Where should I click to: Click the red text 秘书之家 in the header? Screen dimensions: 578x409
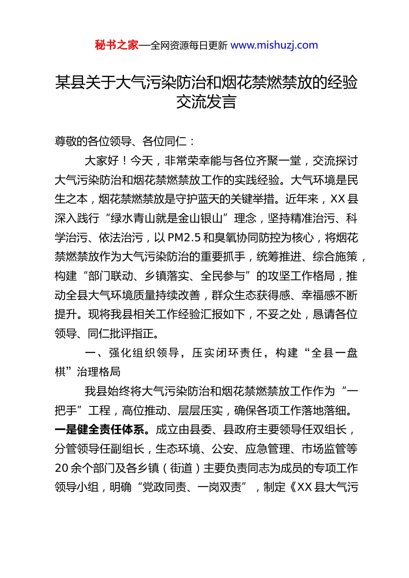click(x=117, y=45)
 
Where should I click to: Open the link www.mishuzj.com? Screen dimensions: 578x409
click(x=274, y=45)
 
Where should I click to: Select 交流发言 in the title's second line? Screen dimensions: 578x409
click(x=206, y=102)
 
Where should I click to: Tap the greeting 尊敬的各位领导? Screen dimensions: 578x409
click(x=93, y=141)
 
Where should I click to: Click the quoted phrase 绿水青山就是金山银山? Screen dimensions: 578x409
click(x=167, y=218)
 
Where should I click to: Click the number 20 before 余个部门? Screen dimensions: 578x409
click(x=62, y=468)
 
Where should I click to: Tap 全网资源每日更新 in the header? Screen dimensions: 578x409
click(x=189, y=45)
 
